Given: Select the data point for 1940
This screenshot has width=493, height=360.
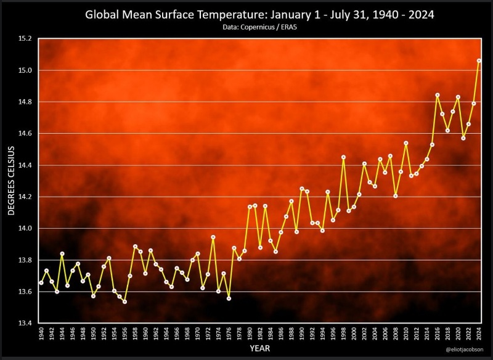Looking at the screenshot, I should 41,282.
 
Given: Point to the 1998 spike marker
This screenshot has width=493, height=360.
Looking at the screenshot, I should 343,157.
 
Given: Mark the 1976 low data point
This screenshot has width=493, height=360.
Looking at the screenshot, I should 229,298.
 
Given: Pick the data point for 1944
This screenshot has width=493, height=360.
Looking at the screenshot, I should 62,253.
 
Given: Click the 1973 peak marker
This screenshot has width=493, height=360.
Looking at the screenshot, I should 213,237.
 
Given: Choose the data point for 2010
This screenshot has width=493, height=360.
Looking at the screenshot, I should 405,143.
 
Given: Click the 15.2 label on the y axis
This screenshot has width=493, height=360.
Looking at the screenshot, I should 25,38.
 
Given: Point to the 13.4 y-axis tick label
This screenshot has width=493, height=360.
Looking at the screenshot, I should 25,323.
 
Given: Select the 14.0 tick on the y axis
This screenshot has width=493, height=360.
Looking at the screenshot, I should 25,228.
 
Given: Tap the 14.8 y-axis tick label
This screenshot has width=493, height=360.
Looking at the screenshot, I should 25,102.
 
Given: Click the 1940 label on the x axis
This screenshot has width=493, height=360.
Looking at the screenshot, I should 41,336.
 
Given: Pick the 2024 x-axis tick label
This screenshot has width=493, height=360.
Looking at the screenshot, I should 479,336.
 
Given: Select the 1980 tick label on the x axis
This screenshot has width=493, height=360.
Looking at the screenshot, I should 250,336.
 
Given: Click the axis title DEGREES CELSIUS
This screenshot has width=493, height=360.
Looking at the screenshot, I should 10,181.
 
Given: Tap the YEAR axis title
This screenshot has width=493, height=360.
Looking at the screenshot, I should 259,350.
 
